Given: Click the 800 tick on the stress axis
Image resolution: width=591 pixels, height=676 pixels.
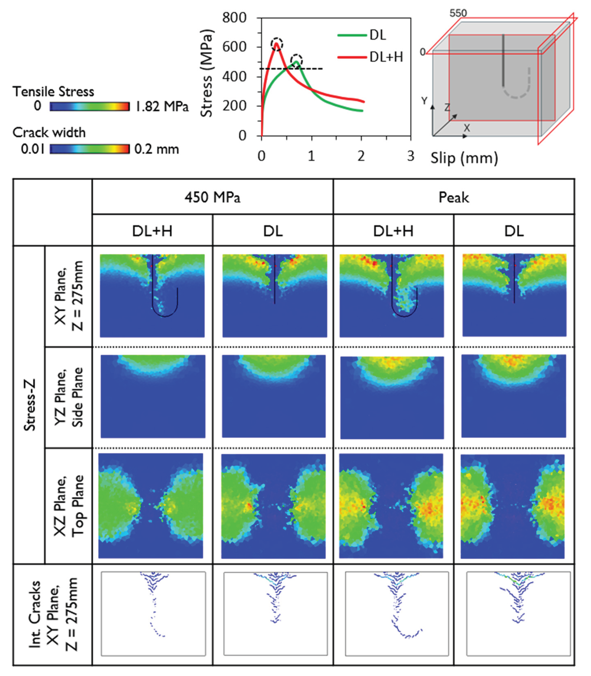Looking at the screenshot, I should (234, 18).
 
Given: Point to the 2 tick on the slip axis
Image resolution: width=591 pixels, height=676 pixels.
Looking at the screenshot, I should (361, 156).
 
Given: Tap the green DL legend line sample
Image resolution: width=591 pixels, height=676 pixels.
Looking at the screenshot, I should (352, 35).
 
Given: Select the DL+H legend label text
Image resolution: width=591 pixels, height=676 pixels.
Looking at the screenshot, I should (386, 57).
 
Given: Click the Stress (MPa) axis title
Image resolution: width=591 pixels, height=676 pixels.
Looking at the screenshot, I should (207, 73).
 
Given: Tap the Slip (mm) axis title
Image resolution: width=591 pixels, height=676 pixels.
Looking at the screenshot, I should (464, 158).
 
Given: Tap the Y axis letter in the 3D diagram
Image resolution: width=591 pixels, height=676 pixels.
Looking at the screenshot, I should (424, 101).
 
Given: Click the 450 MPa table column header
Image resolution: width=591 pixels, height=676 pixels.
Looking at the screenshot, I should (212, 197).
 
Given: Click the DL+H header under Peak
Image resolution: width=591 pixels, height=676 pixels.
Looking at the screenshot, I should (393, 231).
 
